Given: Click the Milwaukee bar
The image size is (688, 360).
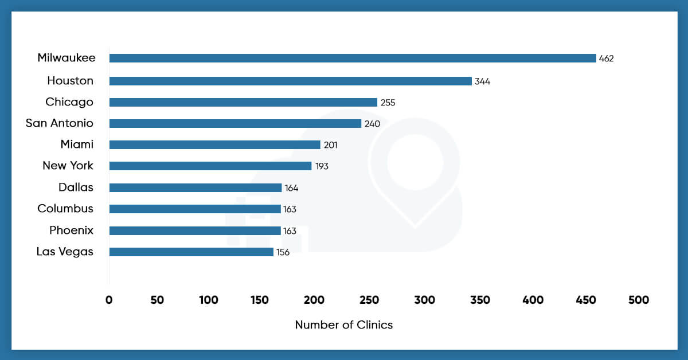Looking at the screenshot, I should pos(353,58).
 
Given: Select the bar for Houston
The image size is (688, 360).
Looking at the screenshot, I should pos(290,81).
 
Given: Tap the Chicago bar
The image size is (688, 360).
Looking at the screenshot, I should pos(243,102).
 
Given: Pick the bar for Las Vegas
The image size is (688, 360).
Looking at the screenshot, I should pos(191,252).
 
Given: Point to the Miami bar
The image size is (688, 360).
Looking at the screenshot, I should pos(214,144).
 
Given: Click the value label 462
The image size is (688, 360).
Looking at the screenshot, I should pos(606,58).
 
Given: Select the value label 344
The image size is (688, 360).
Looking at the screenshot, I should pos(482,81).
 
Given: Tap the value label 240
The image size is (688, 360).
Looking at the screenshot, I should pos(372,124).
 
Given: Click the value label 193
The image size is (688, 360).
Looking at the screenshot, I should pos(321,166).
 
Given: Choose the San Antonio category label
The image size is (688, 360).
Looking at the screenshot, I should pos(60,123).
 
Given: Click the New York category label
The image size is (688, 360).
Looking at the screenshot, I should pos(68,166).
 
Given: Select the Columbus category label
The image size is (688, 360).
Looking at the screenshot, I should pos(65,209).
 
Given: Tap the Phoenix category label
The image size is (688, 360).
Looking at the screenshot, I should pos(71,230).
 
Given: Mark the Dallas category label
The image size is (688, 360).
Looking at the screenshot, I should pos(76,187).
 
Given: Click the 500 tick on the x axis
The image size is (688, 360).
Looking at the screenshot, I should pos(638,300).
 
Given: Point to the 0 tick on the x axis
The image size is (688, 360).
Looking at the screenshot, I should pos(109,300).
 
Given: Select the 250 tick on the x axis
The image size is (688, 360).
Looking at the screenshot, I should pos(373,300).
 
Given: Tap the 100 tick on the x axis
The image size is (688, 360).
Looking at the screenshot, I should pos(209,300).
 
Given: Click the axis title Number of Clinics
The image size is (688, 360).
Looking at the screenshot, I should pos(343,325).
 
